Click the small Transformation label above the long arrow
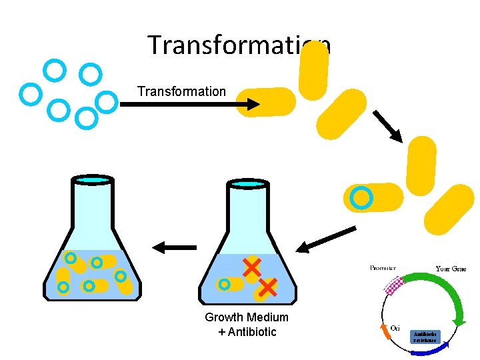181,91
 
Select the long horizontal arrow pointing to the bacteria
190,104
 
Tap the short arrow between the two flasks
175,247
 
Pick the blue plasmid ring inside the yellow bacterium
361,197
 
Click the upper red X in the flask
251,268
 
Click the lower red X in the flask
266,288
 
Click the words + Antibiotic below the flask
247,332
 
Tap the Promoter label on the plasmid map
383,268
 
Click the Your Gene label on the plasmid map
451,269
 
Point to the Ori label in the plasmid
395,327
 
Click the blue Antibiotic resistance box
425,337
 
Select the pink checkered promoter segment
395,285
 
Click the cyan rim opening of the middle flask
248,183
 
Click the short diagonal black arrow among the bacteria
387,126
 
